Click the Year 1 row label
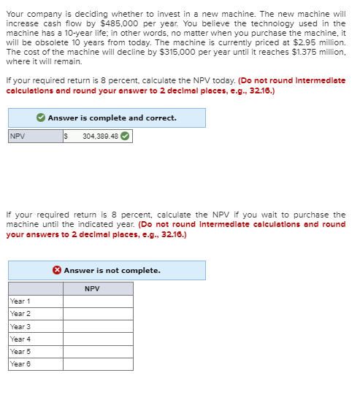pyautogui.click(x=20, y=301)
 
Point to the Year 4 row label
pyautogui.click(x=20, y=339)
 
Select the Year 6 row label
pyautogui.click(x=20, y=363)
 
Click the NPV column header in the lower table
pyautogui.click(x=92, y=289)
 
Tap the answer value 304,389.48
pyautogui.click(x=99, y=136)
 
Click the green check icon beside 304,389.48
pyautogui.click(x=126, y=136)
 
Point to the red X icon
pyautogui.click(x=57, y=271)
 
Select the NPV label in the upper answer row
pyautogui.click(x=17, y=136)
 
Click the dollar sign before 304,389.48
pyautogui.click(x=66, y=136)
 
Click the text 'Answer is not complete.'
pyautogui.click(x=112, y=271)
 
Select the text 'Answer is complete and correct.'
pyautogui.click(x=112, y=118)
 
